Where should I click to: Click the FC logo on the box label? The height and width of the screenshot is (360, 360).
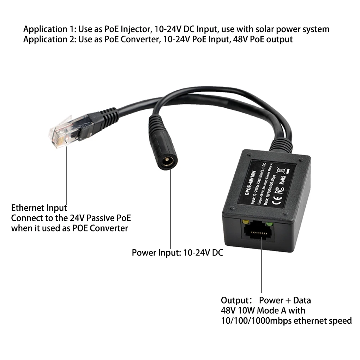coord(277,189)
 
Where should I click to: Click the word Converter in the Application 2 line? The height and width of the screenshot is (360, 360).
coord(140,39)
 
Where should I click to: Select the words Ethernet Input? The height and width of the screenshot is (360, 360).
coord(39,208)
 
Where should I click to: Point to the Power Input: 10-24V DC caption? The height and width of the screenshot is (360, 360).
coord(177,253)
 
